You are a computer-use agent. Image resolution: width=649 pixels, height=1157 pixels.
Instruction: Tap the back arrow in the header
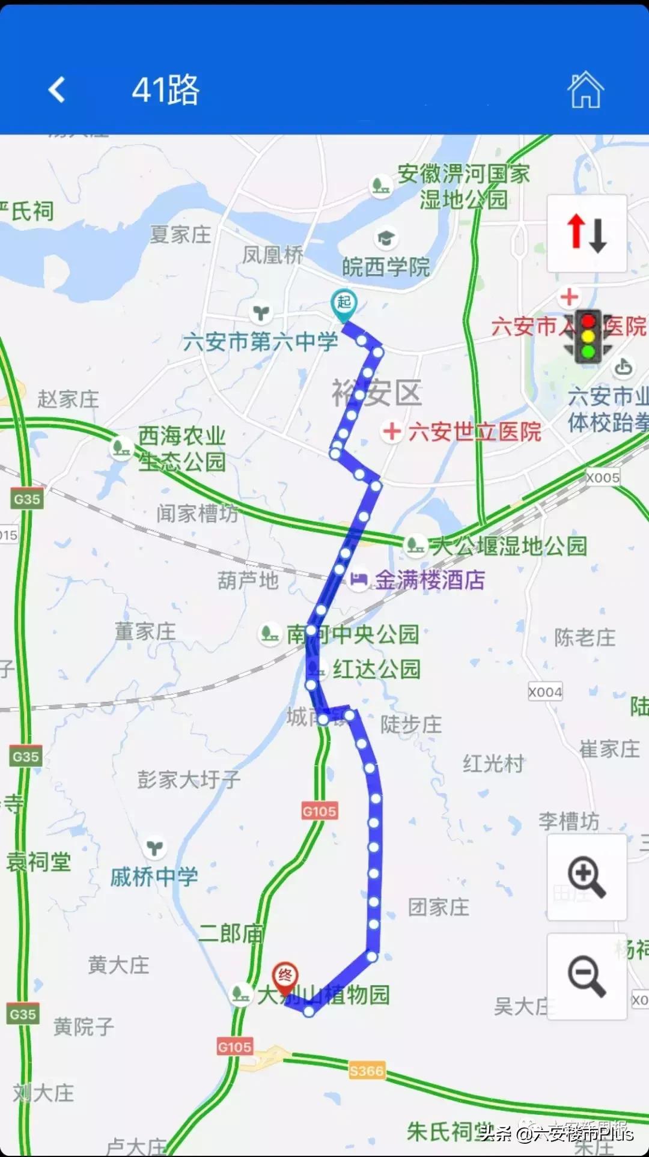click(56, 90)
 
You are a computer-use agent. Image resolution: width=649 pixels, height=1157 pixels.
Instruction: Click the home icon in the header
click(585, 90)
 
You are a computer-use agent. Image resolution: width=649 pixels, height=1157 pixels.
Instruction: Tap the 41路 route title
click(165, 90)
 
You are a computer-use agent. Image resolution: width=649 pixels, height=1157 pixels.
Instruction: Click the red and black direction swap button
click(587, 234)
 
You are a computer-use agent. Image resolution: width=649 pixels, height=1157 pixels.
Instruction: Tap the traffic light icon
click(588, 336)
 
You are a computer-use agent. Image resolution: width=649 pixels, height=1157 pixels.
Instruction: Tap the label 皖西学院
click(386, 267)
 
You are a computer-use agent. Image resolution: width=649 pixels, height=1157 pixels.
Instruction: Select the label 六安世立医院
click(475, 432)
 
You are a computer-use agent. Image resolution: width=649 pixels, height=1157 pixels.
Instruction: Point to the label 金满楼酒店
click(430, 580)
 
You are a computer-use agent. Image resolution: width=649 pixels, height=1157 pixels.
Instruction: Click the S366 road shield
click(366, 1070)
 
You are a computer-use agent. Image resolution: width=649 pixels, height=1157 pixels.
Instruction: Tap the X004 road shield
click(545, 692)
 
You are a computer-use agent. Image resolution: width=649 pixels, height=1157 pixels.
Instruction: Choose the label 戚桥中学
click(154, 877)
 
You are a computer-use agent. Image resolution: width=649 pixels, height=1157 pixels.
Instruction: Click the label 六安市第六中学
click(261, 342)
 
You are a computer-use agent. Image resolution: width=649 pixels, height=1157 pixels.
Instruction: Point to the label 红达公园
click(376, 669)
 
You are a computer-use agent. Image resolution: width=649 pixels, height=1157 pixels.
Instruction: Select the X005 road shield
click(603, 478)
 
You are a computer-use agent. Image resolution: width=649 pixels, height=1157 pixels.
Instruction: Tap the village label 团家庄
click(439, 907)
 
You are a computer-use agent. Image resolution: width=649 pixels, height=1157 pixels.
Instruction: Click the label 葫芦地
click(248, 580)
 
